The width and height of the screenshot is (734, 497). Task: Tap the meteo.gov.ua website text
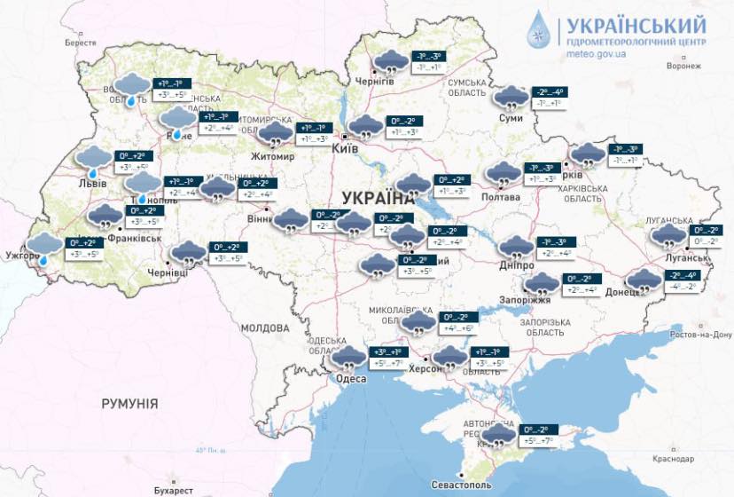(595, 53)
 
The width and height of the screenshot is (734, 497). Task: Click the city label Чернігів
(374, 81)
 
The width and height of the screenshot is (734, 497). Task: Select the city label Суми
(511, 117)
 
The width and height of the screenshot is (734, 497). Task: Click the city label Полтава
(501, 196)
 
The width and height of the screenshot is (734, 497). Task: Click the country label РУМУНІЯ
(129, 404)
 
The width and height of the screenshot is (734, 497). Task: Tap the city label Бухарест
(172, 489)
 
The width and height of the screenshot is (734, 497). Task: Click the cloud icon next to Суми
(511, 97)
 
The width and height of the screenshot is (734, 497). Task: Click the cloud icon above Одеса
(348, 358)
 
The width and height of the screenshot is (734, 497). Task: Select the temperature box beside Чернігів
(426, 61)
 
